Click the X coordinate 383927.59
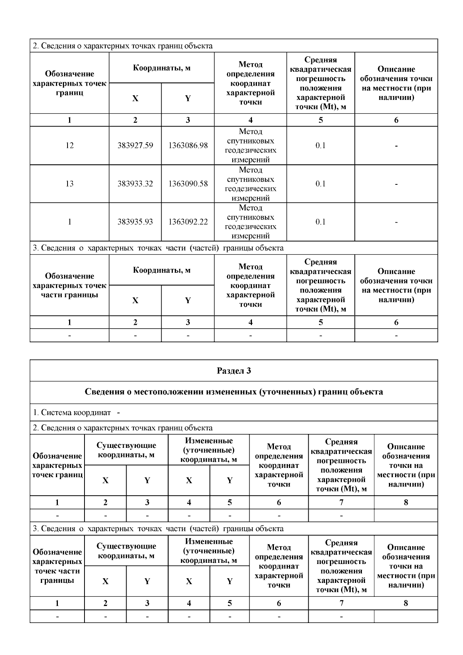[135, 145]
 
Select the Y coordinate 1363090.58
[188, 184]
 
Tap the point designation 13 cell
[69, 184]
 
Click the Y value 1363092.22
[188, 222]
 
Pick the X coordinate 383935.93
[135, 222]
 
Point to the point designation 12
[69, 145]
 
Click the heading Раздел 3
[234, 371]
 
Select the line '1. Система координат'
[72, 412]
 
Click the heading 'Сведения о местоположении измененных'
[234, 392]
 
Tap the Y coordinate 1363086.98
[188, 145]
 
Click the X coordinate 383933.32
[135, 184]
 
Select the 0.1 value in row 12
[320, 145]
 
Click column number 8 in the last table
[406, 603]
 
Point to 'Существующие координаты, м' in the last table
[126, 551]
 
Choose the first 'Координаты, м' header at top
[162, 68]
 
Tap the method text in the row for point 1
[250, 222]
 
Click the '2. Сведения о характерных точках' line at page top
[123, 46]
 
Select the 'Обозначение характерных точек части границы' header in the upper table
[69, 285]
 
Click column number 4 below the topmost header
[250, 120]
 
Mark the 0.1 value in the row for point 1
[320, 222]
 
